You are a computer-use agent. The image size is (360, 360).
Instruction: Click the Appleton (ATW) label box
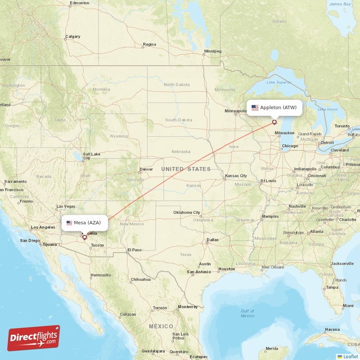(274, 108)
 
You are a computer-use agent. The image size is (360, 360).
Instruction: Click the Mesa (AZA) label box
(85, 223)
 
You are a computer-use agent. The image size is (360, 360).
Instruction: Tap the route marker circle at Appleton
(274, 122)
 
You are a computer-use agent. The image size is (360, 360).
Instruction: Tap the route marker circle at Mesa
(84, 237)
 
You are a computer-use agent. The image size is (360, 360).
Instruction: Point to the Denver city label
(146, 170)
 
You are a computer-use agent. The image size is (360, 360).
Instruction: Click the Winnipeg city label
(212, 51)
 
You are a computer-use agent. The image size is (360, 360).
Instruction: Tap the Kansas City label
(236, 175)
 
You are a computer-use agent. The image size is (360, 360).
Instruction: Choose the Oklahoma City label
(187, 212)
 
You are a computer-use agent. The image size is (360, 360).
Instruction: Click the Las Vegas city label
(66, 207)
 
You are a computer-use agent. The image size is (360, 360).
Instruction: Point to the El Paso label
(134, 250)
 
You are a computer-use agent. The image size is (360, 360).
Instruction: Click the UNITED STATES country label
(186, 169)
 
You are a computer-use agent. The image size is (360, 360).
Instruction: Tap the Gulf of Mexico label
(247, 313)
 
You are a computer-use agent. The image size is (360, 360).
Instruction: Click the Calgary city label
(72, 36)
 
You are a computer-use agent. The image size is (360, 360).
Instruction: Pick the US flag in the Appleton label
(255, 108)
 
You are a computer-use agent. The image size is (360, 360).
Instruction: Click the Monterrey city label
(188, 307)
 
